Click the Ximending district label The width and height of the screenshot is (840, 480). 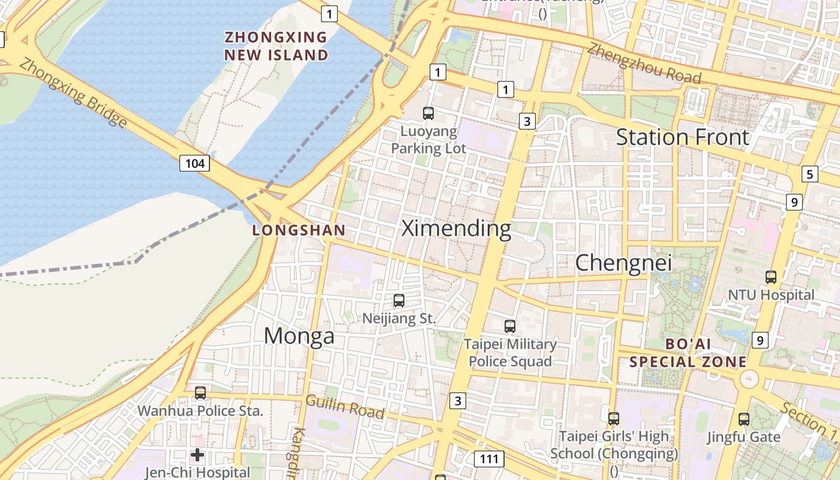pyautogui.click(x=456, y=229)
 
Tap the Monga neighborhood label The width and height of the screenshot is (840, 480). pyautogui.click(x=299, y=336)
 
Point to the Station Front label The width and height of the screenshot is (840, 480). pyautogui.click(x=683, y=137)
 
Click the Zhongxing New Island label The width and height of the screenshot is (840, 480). pyautogui.click(x=276, y=46)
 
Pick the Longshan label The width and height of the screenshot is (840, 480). pyautogui.click(x=299, y=230)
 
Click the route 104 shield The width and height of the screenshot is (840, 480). pyautogui.click(x=195, y=163)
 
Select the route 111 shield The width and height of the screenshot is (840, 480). pyautogui.click(x=489, y=460)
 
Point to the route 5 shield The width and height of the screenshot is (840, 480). pyautogui.click(x=810, y=175)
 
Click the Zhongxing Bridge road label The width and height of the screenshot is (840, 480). pyautogui.click(x=73, y=93)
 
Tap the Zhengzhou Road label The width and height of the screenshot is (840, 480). pyautogui.click(x=644, y=64)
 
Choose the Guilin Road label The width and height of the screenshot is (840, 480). pyautogui.click(x=345, y=407)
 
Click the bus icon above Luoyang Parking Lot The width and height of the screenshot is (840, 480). pyautogui.click(x=428, y=113)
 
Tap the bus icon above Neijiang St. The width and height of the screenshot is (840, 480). pyautogui.click(x=399, y=301)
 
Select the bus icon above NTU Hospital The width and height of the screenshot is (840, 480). pyautogui.click(x=771, y=277)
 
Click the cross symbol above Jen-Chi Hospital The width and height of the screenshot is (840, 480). pyautogui.click(x=197, y=455)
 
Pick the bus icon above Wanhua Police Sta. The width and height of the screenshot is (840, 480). pyautogui.click(x=200, y=393)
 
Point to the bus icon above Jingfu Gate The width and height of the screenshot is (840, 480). pyautogui.click(x=744, y=419)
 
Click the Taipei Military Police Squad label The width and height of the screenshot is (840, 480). pyautogui.click(x=510, y=353)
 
